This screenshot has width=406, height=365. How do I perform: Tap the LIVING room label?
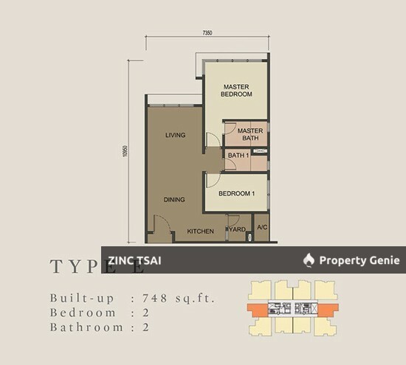pyautogui.click(x=175, y=135)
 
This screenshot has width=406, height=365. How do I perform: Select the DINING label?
pyautogui.click(x=174, y=199)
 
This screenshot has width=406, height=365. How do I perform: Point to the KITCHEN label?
pyautogui.click(x=200, y=231)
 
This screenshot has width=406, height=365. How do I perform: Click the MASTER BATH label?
pyautogui.click(x=250, y=134)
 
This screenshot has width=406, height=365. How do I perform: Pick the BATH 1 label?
pyautogui.click(x=238, y=156)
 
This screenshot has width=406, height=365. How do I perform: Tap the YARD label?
pyautogui.click(x=238, y=230)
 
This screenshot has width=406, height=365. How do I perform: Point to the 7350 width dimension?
pyautogui.click(x=207, y=32)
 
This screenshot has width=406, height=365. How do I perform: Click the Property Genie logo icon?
pyautogui.click(x=309, y=260)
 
